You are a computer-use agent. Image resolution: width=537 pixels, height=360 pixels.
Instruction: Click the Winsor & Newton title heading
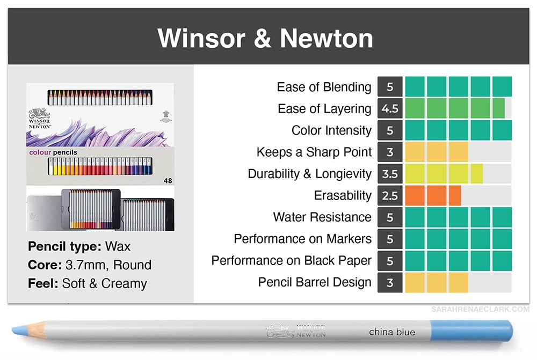(x=265, y=38)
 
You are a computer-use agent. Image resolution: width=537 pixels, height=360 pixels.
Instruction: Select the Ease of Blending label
(x=324, y=87)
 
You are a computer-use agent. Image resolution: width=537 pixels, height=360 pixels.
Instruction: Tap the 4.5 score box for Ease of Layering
(x=390, y=108)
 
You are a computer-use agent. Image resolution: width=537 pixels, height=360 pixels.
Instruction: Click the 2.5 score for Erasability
(x=390, y=195)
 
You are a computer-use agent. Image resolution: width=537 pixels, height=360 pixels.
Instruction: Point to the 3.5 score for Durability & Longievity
(x=390, y=174)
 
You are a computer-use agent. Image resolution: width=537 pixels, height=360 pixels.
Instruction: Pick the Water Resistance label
(x=322, y=217)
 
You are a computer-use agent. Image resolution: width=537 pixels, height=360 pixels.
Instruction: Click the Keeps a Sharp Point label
(x=314, y=152)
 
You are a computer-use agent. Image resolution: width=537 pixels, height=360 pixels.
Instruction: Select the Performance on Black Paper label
(x=292, y=260)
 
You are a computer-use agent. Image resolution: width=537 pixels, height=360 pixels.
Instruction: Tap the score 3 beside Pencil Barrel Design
(x=390, y=282)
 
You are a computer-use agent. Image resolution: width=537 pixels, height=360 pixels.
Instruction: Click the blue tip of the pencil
(x=20, y=330)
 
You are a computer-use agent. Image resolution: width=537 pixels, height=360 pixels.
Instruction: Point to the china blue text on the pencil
(x=392, y=332)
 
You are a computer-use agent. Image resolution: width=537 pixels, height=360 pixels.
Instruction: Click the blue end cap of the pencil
(x=471, y=330)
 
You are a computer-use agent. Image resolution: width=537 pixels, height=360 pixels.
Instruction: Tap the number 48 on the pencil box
(x=168, y=181)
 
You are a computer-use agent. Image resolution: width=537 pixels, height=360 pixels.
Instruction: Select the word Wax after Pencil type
(x=118, y=246)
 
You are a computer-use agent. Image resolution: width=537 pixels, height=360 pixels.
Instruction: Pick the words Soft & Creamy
(x=105, y=283)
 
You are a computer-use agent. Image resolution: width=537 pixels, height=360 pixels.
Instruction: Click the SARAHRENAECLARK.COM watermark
(x=480, y=310)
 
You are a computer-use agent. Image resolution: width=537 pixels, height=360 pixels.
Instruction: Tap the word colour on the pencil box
(x=40, y=152)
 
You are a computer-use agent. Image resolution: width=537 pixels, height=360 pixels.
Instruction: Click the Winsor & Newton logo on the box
(x=40, y=119)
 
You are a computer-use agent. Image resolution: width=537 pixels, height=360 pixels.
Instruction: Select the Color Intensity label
(x=331, y=130)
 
